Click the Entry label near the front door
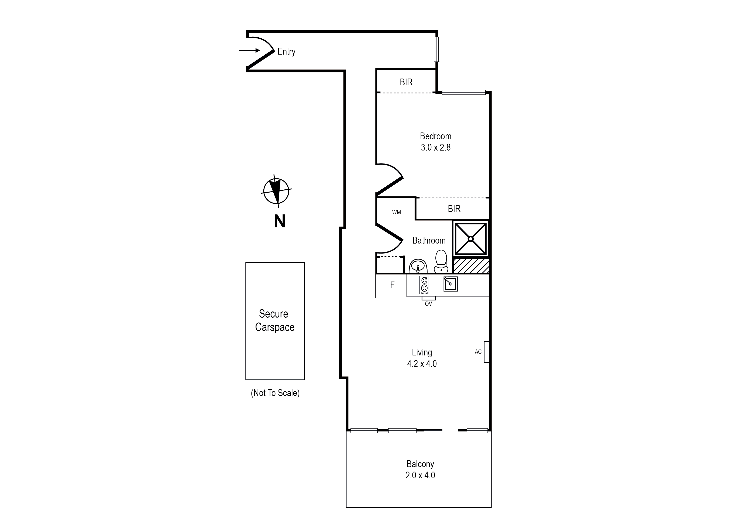coord(286,52)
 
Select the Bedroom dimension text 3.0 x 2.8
coord(435,147)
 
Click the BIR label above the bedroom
coord(406,82)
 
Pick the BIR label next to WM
coord(454,209)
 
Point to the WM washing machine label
coord(396,212)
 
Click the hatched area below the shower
coord(471,266)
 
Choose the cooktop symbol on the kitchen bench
coord(424,285)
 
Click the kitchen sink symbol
coord(450,284)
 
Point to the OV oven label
coord(428,304)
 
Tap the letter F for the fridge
coord(392,285)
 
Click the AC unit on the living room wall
coord(486,352)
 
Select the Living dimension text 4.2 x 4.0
coord(422,364)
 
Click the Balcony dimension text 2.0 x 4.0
coord(420,475)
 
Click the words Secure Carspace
coord(274,320)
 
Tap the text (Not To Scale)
coord(275,393)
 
